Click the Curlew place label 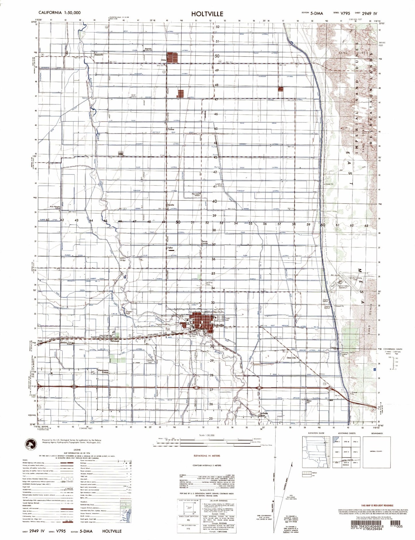point(171,129)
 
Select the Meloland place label point(114,341)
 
